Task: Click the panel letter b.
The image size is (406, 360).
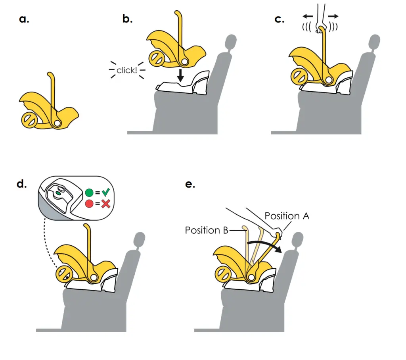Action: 127,19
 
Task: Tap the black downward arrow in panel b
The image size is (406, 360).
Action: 180,75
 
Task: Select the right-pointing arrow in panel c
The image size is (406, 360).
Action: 333,16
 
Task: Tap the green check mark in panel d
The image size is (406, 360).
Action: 105,193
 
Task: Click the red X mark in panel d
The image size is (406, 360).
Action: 105,204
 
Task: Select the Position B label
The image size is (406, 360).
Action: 206,230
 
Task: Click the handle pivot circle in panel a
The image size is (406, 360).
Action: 58,123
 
